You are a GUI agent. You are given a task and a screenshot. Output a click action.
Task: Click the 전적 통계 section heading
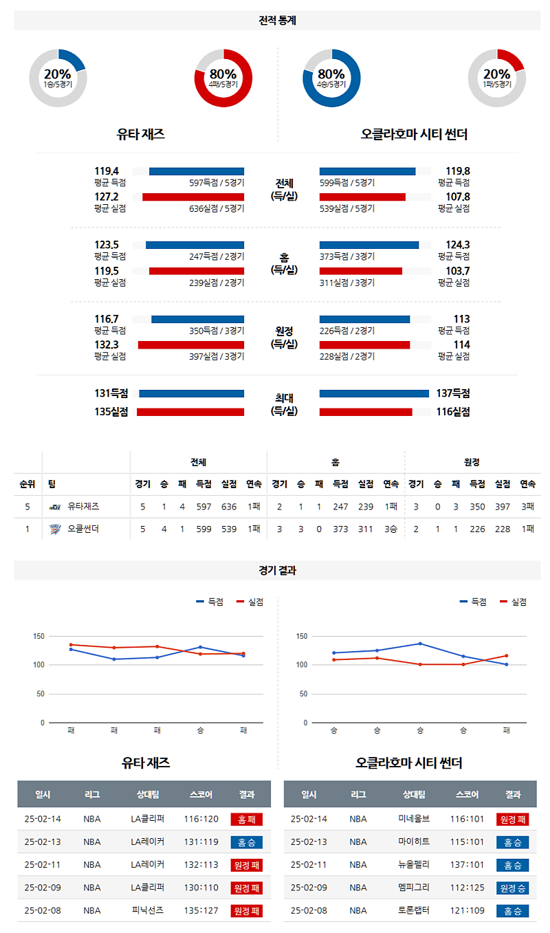(x=277, y=21)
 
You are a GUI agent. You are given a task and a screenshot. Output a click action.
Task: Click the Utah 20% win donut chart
(x=58, y=78)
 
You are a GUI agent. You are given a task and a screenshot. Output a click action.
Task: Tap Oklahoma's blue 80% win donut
(x=331, y=78)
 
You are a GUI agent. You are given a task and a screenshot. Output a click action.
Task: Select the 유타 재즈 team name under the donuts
(x=141, y=135)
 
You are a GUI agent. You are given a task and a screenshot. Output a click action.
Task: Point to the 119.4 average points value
(x=107, y=171)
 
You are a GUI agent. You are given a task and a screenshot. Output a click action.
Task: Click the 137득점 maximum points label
(x=452, y=393)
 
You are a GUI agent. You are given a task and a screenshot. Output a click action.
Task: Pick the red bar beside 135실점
(x=190, y=412)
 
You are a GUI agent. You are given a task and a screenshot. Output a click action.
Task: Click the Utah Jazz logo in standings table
(x=55, y=507)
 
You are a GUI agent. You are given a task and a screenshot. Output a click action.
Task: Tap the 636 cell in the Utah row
(x=229, y=507)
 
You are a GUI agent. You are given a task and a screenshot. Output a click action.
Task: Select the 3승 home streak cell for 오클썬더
(x=391, y=529)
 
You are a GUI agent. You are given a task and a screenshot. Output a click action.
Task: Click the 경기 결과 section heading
(x=277, y=570)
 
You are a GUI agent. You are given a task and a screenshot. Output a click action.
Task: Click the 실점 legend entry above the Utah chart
(x=250, y=602)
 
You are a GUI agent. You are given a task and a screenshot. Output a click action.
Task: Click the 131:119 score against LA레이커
(x=201, y=842)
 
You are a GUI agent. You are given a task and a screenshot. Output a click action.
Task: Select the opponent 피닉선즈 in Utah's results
(x=147, y=910)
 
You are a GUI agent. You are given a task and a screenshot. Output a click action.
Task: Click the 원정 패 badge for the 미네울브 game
(x=512, y=819)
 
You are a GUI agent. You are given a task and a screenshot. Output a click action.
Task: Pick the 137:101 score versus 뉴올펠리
(x=467, y=865)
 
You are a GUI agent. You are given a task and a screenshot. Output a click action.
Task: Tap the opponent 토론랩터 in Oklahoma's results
(x=413, y=910)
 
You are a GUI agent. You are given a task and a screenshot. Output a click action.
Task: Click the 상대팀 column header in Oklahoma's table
(x=413, y=794)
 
